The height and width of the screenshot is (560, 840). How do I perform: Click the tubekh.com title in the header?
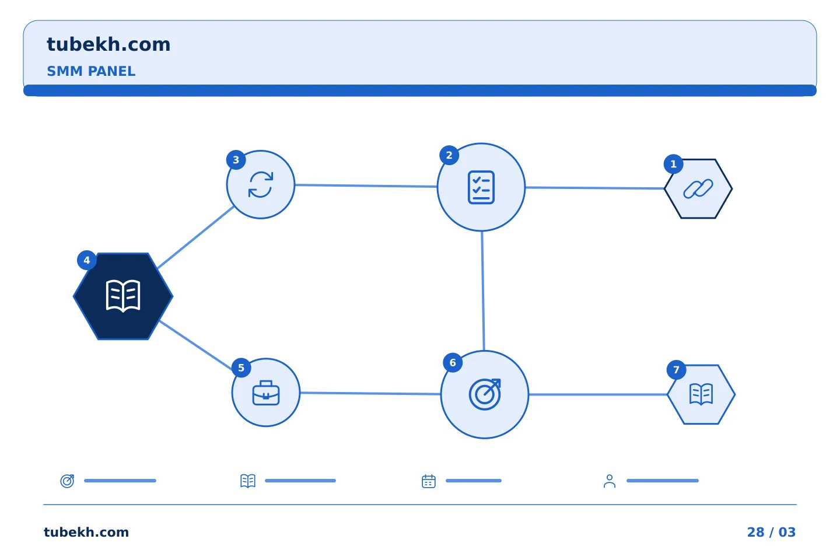pyautogui.click(x=108, y=45)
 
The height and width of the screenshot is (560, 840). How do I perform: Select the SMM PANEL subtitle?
pyautogui.click(x=91, y=71)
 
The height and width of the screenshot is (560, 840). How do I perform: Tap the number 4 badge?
pyautogui.click(x=86, y=260)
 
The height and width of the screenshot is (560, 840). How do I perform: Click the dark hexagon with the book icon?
pyautogui.click(x=123, y=296)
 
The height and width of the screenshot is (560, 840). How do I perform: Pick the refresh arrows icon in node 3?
pyautogui.click(x=261, y=184)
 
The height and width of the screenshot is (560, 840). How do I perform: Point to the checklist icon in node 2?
pyautogui.click(x=481, y=187)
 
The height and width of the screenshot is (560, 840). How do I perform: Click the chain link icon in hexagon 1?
pyautogui.click(x=698, y=188)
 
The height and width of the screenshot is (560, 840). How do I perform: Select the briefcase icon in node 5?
pyautogui.click(x=266, y=393)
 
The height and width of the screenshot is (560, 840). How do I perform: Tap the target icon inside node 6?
pyautogui.click(x=485, y=394)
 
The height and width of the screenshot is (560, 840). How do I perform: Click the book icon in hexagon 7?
pyautogui.click(x=701, y=394)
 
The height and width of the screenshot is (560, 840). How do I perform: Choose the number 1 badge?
pyautogui.click(x=674, y=164)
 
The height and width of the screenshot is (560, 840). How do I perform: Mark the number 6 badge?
pyautogui.click(x=453, y=363)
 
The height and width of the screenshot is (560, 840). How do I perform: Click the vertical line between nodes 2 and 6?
pyautogui.click(x=483, y=291)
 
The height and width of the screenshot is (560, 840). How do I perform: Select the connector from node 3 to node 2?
pyautogui.click(x=366, y=185)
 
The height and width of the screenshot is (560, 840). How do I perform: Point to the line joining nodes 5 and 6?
pyautogui.click(x=370, y=394)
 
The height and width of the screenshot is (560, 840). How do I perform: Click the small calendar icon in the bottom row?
pyautogui.click(x=429, y=481)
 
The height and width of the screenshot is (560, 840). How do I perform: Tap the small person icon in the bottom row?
pyautogui.click(x=610, y=481)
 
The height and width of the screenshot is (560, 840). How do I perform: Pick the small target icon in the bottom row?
pyautogui.click(x=68, y=481)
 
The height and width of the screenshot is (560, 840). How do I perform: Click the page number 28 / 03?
pyautogui.click(x=771, y=532)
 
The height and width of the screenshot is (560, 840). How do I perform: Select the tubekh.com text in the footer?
pyautogui.click(x=86, y=532)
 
